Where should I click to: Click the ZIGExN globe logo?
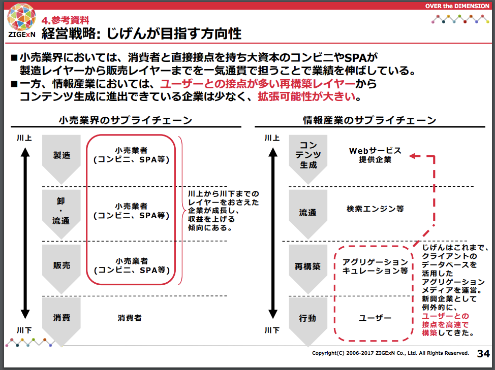[21, 17]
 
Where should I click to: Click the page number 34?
[483, 354]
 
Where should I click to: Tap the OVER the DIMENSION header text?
[457, 6]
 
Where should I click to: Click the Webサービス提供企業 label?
[375, 155]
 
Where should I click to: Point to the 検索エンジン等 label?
[375, 209]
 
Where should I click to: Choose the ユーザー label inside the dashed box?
[375, 318]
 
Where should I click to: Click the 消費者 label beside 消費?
[130, 318]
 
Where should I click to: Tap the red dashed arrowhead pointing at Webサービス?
[414, 156]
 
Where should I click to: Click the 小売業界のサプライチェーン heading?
[126, 120]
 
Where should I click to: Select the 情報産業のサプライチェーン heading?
[369, 120]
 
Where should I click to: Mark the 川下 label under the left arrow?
[24, 330]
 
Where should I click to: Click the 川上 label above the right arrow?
[272, 138]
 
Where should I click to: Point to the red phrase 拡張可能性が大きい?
[306, 96]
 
